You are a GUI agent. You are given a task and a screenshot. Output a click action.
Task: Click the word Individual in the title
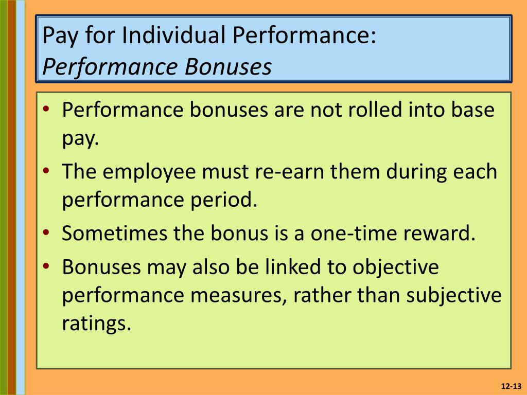pos(173,35)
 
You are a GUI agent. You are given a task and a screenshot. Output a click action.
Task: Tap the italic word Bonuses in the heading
pos(228,66)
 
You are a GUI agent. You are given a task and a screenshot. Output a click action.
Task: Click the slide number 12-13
pos(511,386)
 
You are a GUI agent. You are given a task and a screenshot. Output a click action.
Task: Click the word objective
pos(396,267)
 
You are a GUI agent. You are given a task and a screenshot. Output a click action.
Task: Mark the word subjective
pos(454,296)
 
